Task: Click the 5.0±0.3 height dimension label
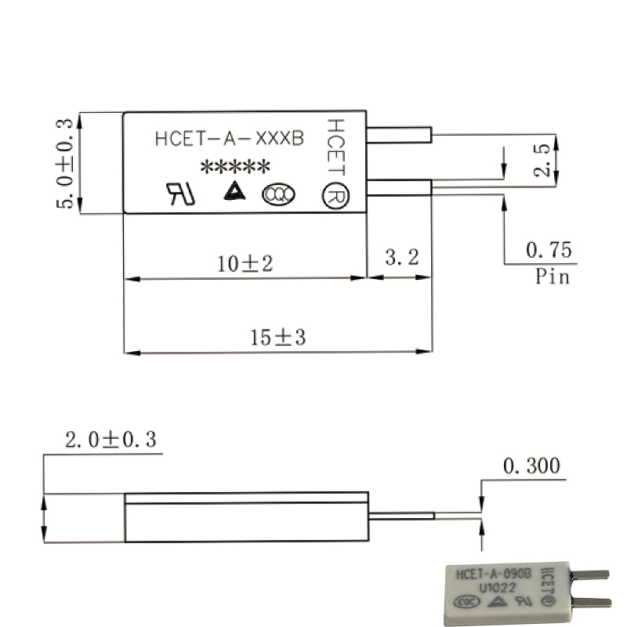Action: [x=64, y=164]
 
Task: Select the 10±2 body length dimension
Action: [x=245, y=264]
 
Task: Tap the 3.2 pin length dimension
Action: [x=402, y=257]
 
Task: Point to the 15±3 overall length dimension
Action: [x=278, y=337]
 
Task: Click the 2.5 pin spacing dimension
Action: [x=542, y=160]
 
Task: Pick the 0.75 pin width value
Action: [x=549, y=250]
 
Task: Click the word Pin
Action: [x=553, y=277]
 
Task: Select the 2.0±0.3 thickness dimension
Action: [x=111, y=440]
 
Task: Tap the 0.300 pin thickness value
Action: [x=531, y=466]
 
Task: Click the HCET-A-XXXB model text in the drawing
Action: [x=230, y=139]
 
